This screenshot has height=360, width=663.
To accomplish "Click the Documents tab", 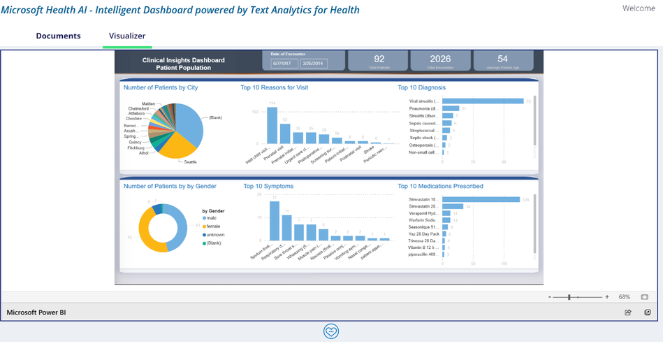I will coord(58,36).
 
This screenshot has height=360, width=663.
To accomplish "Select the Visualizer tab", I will coord(127,36).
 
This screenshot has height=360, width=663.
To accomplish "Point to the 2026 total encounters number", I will coord(440,59).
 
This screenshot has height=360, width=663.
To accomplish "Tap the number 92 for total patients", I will coord(379,59).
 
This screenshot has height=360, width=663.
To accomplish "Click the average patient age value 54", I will coord(502,59).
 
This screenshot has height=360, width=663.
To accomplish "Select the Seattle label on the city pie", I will coord(190,161).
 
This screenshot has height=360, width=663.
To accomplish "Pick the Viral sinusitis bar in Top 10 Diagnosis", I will coord(483,101).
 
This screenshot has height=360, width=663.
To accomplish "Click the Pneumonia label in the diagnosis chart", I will coord(423,109).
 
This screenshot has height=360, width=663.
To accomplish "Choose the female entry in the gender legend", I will coord(213,226).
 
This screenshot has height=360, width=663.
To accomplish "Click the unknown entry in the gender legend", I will coord(215,235).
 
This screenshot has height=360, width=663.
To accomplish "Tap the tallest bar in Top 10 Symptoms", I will coord(275,221).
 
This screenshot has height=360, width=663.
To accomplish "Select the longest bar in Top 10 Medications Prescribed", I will coord(481,200).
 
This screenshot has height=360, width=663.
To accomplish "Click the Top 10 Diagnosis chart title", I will coord(421,87).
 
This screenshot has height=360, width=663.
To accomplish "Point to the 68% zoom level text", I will coord(624,297).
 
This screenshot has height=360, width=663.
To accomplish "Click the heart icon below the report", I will coord(331,331).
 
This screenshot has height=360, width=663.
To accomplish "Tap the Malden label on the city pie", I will coord(148,103).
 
